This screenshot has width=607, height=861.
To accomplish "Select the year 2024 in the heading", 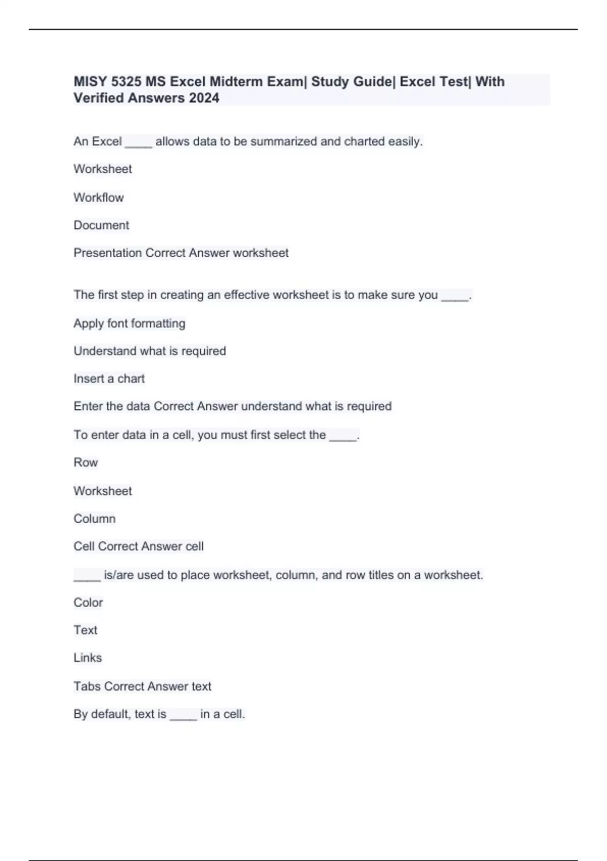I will pos(204,98).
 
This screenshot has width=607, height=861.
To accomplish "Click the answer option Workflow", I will pos(99,198).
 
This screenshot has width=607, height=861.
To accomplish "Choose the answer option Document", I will pos(101,225).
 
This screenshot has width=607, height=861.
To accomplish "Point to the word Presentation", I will pos(108,253).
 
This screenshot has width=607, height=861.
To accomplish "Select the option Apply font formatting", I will pos(129,323).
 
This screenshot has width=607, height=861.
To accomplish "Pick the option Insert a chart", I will pos(109,378).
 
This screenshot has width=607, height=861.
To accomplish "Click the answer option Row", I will pos(85,462).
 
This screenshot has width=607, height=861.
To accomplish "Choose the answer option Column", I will pos(95,519).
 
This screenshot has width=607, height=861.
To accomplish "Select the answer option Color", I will pos(88,602).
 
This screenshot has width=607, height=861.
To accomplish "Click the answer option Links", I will pos(88,657).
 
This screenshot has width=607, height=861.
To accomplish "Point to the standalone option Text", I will pos(85,630).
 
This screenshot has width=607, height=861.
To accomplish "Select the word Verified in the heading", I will pos(99,98).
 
